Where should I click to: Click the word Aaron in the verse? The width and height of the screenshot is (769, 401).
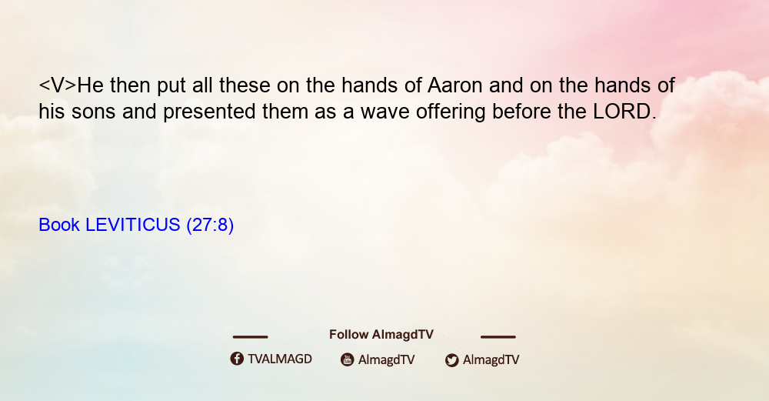[x=455, y=85]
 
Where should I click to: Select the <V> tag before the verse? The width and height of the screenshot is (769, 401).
[x=58, y=85]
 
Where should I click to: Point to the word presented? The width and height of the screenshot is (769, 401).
[x=209, y=112]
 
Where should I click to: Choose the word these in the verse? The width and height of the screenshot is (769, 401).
[x=245, y=85]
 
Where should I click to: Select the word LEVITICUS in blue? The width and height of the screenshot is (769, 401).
[x=133, y=225]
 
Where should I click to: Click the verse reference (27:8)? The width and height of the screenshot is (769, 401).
[x=210, y=226]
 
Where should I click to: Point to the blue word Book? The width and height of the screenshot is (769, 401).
[x=59, y=225]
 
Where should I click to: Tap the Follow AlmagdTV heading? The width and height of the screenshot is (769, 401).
[x=381, y=335]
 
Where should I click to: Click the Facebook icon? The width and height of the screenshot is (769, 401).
[x=237, y=359]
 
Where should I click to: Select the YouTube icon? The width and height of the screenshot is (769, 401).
[x=348, y=359]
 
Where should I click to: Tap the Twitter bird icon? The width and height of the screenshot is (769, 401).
[x=451, y=360]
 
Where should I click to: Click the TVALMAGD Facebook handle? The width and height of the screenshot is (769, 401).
[x=280, y=359]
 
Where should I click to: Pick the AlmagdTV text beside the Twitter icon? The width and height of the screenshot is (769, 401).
[x=491, y=360]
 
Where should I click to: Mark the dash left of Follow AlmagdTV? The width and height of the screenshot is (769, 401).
[x=250, y=336]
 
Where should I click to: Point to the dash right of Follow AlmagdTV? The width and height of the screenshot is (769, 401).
[x=498, y=336]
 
